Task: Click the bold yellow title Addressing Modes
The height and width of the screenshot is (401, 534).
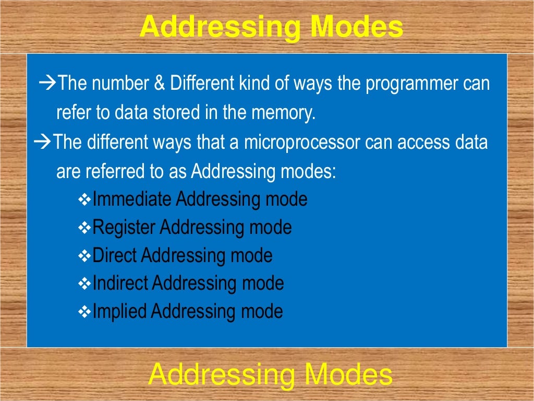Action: [x=271, y=27]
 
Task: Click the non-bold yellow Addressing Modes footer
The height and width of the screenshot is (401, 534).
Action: [x=270, y=375]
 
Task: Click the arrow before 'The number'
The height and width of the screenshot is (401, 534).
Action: [x=48, y=83]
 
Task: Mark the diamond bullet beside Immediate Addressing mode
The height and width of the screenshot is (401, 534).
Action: [x=84, y=199]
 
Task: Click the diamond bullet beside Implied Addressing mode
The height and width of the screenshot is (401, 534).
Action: [x=84, y=312]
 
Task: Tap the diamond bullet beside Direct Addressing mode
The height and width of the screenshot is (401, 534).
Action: [x=84, y=256]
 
